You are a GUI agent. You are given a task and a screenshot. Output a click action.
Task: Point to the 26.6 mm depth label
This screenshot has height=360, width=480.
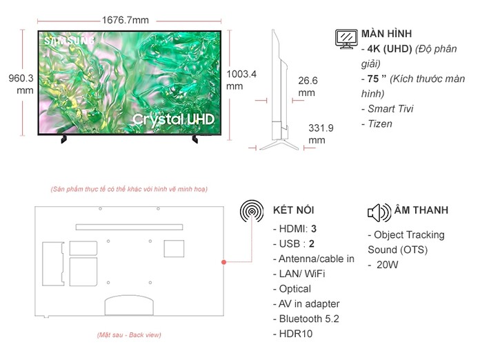click(307, 86)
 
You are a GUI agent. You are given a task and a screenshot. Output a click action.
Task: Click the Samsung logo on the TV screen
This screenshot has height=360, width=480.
click(69, 41)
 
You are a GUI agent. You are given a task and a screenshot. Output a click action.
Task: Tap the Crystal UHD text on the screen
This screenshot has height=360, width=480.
click(173, 119)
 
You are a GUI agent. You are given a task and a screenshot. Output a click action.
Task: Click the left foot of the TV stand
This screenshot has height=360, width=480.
click(64, 139)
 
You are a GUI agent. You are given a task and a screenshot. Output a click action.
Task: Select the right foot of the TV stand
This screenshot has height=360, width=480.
click(194, 139)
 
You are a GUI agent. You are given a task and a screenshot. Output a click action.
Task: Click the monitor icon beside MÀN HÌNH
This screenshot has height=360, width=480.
click(346, 39)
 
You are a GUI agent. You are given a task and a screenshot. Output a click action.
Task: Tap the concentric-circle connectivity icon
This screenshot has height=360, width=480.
click(252, 211)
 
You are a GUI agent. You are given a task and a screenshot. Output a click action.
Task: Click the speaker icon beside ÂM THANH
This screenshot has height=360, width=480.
click(379, 211)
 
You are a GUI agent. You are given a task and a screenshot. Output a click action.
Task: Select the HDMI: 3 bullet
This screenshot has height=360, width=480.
click(297, 228)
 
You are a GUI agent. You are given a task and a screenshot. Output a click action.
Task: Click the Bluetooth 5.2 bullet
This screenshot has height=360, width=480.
click(308, 319)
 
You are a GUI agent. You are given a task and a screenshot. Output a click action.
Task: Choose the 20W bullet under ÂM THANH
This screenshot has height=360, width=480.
click(387, 265)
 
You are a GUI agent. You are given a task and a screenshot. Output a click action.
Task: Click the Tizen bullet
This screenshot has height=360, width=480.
click(378, 124)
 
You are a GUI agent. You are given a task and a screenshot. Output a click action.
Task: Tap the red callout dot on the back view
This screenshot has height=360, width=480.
click(223, 262)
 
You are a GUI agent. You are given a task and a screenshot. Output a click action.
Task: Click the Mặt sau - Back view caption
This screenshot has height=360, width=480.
click(129, 334)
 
